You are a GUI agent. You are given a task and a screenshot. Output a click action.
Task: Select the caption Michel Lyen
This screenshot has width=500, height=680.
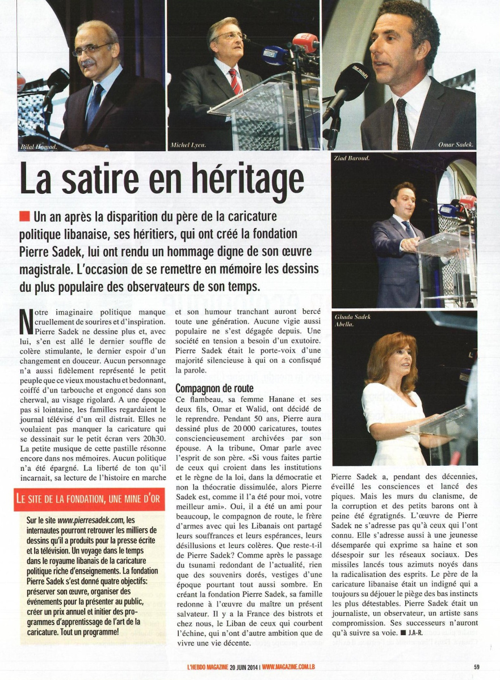187,146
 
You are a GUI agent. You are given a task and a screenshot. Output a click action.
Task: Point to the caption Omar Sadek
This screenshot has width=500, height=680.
456,145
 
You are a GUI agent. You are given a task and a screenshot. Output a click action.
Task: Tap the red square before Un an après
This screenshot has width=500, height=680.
24,216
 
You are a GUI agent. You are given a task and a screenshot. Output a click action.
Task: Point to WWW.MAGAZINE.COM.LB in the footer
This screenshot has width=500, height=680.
293,666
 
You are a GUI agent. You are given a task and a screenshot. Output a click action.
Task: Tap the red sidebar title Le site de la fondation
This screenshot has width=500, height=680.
89,499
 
